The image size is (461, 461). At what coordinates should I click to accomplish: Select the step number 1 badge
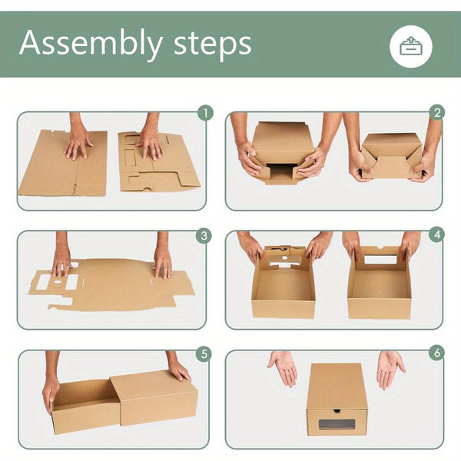pyautogui.click(x=204, y=114)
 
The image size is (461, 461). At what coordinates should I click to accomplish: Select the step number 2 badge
pyautogui.click(x=436, y=114)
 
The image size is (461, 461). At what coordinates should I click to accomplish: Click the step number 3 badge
pyautogui.click(x=204, y=235)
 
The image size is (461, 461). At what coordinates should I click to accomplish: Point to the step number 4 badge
pyautogui.click(x=436, y=235)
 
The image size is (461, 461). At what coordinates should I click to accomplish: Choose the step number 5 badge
pyautogui.click(x=204, y=354)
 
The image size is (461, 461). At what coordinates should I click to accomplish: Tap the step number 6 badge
pyautogui.click(x=436, y=354)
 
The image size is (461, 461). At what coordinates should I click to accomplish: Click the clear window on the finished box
pyautogui.click(x=337, y=423)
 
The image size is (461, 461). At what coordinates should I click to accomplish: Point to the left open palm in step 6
pyautogui.click(x=284, y=367)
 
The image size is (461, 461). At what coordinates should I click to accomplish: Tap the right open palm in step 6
pyautogui.click(x=390, y=367)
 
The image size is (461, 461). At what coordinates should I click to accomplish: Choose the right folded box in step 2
pyautogui.click(x=392, y=154)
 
